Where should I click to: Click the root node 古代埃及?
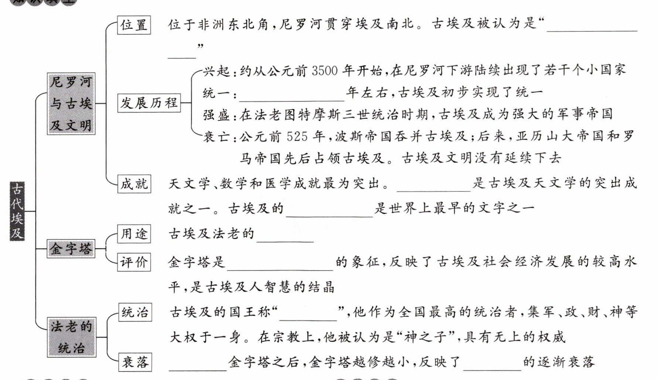click(x=17, y=211)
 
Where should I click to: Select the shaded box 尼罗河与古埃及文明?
click(x=71, y=104)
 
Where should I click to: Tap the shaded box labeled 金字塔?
click(x=71, y=248)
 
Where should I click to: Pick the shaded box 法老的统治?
click(x=71, y=337)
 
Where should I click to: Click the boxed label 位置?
click(x=134, y=25)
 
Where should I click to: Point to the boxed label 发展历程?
click(x=149, y=103)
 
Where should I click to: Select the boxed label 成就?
click(x=134, y=184)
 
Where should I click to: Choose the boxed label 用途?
click(x=134, y=234)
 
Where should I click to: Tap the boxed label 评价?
click(x=134, y=262)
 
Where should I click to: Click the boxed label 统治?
click(x=135, y=312)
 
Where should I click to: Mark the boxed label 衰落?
click(x=135, y=362)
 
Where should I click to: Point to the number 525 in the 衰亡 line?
click(x=297, y=136)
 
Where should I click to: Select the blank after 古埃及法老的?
click(x=285, y=237)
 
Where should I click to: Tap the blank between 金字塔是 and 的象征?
click(x=280, y=265)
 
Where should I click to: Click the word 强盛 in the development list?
click(x=217, y=115)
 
